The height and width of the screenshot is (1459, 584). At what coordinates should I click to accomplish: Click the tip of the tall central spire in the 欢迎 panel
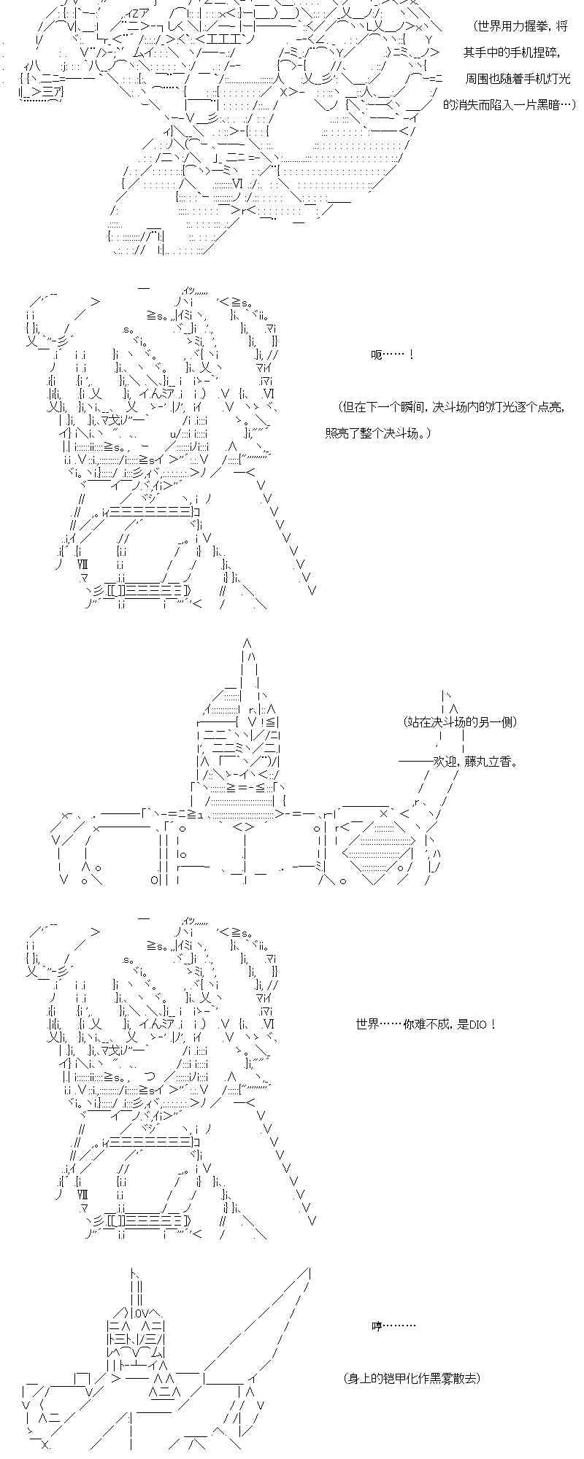(247, 641)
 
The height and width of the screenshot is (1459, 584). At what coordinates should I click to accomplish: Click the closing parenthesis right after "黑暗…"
(573, 105)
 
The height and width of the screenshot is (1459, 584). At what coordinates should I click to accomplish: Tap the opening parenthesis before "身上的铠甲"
(345, 1378)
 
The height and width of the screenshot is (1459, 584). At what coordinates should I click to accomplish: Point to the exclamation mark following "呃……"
(412, 355)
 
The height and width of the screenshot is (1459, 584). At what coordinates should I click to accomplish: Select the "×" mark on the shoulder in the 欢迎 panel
(383, 814)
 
